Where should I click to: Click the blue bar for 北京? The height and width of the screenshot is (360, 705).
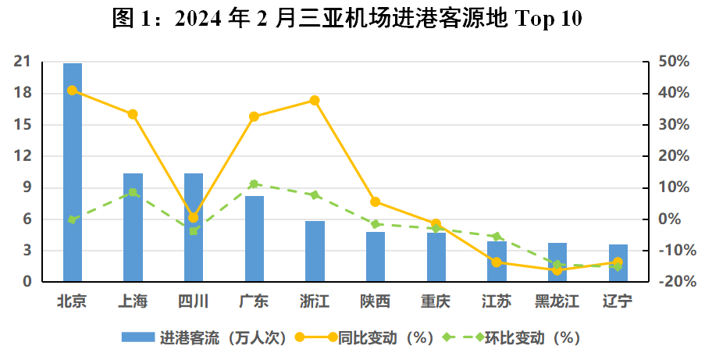pyautogui.click(x=72, y=172)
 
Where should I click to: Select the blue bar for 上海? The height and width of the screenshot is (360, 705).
pyautogui.click(x=133, y=226)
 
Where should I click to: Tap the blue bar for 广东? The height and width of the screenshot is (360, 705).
pyautogui.click(x=255, y=238)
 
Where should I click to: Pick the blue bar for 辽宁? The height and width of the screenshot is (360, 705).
pyautogui.click(x=618, y=263)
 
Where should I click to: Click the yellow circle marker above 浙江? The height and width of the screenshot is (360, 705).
pyautogui.click(x=315, y=101)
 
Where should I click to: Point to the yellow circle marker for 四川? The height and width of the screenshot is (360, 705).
pyautogui.click(x=194, y=218)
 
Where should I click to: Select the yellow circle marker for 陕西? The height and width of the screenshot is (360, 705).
pyautogui.click(x=376, y=202)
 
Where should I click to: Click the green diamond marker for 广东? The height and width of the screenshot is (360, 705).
pyautogui.click(x=255, y=184)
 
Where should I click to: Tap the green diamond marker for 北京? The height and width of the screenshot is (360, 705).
pyautogui.click(x=72, y=220)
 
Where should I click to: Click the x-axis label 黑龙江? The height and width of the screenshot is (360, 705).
pyautogui.click(x=557, y=301)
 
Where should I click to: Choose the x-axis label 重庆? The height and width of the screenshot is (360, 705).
pyautogui.click(x=436, y=301)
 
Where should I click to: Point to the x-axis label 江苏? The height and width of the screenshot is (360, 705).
pyautogui.click(x=497, y=301)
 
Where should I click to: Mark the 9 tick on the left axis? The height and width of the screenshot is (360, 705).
pyautogui.click(x=26, y=187)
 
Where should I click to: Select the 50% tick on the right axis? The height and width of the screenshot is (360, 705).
pyautogui.click(x=672, y=62)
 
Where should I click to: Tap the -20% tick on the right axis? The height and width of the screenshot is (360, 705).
pyautogui.click(x=674, y=282)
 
